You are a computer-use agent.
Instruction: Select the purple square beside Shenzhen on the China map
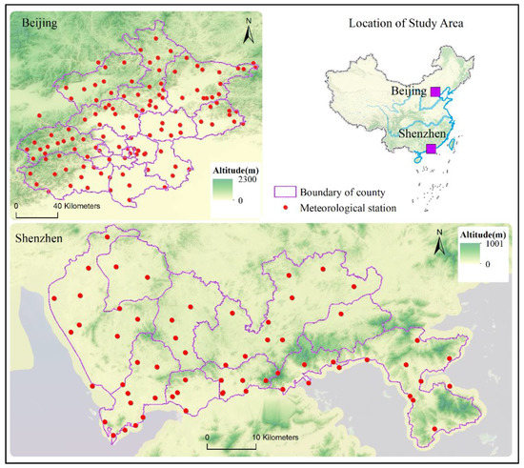(x=432, y=150)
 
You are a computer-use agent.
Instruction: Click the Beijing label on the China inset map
(x=408, y=92)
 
